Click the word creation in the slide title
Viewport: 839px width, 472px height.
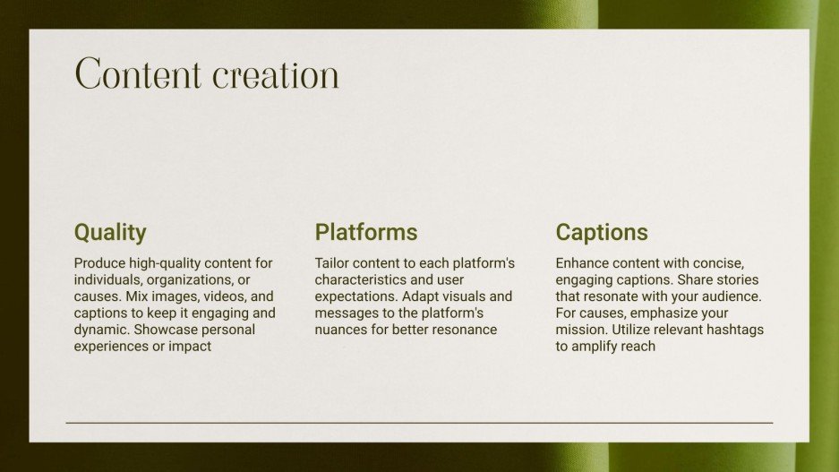pos(275,75)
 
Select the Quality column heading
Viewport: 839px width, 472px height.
pos(109,233)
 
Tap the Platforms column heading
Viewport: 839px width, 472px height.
pos(365,233)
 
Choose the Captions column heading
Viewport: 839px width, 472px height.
pos(601,233)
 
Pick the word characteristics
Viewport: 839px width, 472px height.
pos(357,280)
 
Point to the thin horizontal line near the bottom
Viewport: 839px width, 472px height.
pos(419,422)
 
